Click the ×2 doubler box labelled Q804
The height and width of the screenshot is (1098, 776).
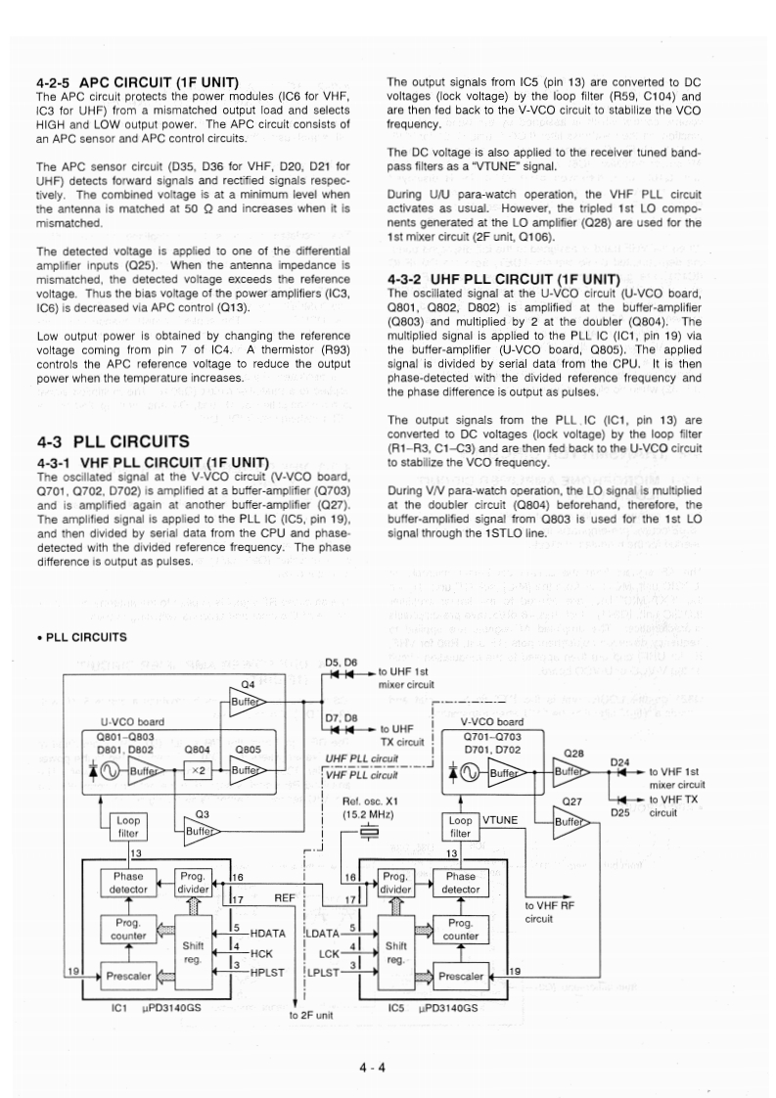pos(198,771)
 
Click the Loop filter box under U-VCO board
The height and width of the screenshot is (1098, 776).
pos(128,827)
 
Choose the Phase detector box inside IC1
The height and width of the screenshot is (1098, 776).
pos(128,884)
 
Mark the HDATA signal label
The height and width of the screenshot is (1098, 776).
pos(259,933)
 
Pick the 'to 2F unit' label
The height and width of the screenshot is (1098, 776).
pos(312,1015)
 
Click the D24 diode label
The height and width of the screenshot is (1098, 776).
pos(620,761)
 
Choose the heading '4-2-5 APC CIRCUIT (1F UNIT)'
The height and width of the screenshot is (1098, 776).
pos(138,82)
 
